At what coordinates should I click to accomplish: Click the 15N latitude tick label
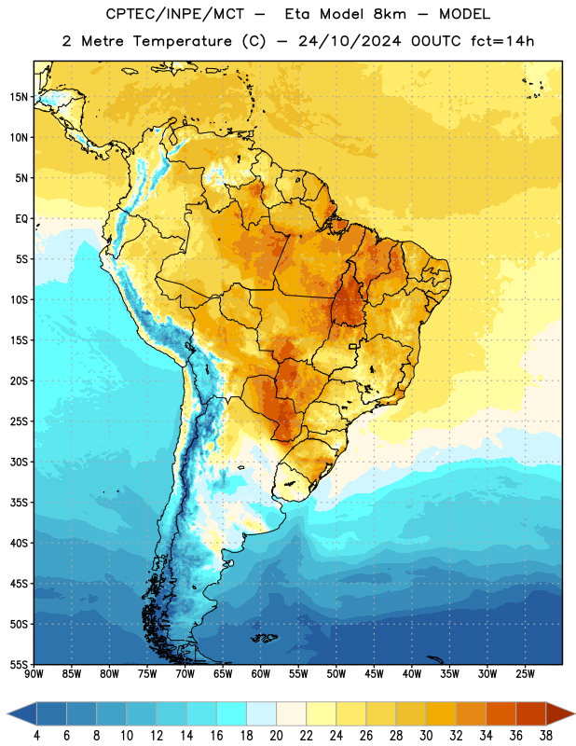click(x=19, y=97)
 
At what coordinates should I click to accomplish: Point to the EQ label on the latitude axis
click(x=21, y=219)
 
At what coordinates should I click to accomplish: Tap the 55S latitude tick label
click(x=19, y=664)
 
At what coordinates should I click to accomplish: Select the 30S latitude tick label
click(x=19, y=462)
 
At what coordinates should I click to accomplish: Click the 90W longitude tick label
click(x=34, y=674)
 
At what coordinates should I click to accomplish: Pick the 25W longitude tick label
click(x=525, y=674)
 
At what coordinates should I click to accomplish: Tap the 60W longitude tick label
click(x=261, y=674)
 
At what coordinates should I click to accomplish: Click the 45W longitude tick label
click(x=374, y=674)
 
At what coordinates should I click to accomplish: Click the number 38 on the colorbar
click(x=546, y=736)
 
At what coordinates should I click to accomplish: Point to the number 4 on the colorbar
click(x=36, y=736)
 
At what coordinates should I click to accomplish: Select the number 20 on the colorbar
click(x=276, y=736)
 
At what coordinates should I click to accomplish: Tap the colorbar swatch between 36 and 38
click(x=531, y=714)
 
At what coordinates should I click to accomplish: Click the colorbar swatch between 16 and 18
click(x=232, y=714)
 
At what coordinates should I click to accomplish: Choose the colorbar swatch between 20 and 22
click(x=292, y=714)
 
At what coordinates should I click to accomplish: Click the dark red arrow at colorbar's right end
click(x=559, y=714)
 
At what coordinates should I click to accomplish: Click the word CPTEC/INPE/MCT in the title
click(x=175, y=14)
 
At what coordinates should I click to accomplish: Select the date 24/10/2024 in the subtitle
click(x=350, y=41)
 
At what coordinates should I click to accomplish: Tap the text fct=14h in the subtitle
click(x=502, y=41)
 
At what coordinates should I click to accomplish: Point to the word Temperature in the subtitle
click(x=182, y=41)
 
